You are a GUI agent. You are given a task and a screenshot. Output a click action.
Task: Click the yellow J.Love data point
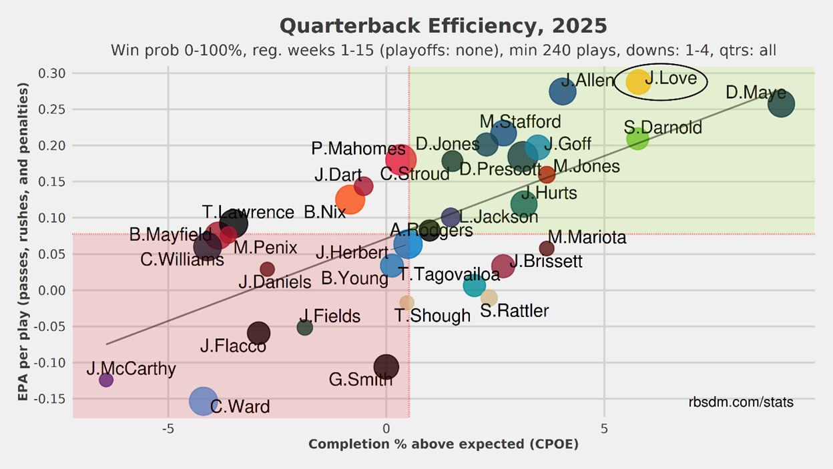pyautogui.click(x=638, y=81)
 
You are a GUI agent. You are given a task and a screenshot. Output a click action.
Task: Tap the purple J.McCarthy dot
pyautogui.click(x=106, y=380)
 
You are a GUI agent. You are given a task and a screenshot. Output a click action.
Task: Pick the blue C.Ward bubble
pyautogui.click(x=204, y=400)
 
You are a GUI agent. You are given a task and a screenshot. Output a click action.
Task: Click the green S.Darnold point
pyautogui.click(x=638, y=139)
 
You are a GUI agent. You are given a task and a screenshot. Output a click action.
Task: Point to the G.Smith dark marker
pyautogui.click(x=386, y=366)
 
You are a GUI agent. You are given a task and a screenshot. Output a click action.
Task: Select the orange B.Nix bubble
pyautogui.click(x=350, y=199)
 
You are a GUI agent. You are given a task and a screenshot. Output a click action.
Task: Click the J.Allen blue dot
pyautogui.click(x=563, y=91)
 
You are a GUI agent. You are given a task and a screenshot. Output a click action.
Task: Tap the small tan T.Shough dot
pyautogui.click(x=406, y=303)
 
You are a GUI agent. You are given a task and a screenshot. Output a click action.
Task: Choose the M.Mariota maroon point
pyautogui.click(x=547, y=248)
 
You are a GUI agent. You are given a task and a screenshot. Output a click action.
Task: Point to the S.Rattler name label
pyautogui.click(x=515, y=311)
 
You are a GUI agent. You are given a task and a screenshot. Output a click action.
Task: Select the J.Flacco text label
pyautogui.click(x=233, y=346)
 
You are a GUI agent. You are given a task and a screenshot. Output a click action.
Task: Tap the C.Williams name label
pyautogui.click(x=182, y=260)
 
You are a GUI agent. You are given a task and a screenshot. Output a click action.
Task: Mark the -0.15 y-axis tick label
pyautogui.click(x=49, y=399)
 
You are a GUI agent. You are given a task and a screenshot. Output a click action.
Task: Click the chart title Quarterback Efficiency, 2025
pyautogui.click(x=443, y=26)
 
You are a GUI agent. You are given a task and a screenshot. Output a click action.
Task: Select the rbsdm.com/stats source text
pyautogui.click(x=741, y=402)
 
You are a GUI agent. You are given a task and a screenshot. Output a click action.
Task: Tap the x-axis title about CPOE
pyautogui.click(x=443, y=444)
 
